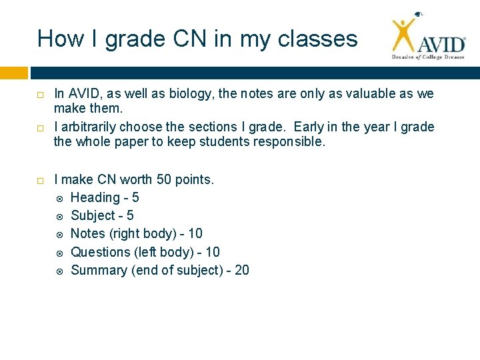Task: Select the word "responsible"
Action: pyautogui.click(x=289, y=141)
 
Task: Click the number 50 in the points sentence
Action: pyautogui.click(x=163, y=179)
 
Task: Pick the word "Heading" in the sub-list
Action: pyautogui.click(x=95, y=197)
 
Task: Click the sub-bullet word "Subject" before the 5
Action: pyautogui.click(x=93, y=215)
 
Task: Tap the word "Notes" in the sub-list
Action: pyautogui.click(x=89, y=233)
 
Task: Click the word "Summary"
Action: pyautogui.click(x=99, y=270)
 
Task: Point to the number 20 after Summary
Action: pyautogui.click(x=241, y=270)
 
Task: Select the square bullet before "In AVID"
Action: pyautogui.click(x=41, y=95)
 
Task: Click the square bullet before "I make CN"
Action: pyautogui.click(x=41, y=180)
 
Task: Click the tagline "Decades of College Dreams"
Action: pyautogui.click(x=427, y=58)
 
